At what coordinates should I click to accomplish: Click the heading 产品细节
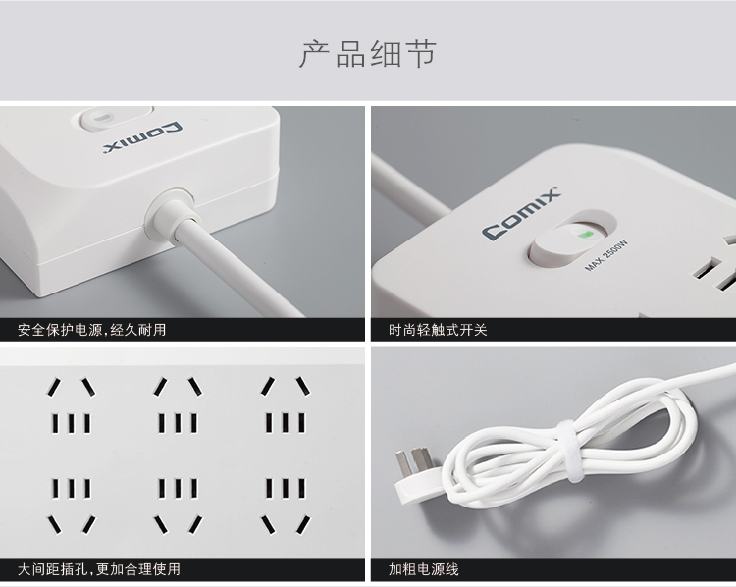368,54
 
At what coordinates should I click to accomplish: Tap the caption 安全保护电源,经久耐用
92,330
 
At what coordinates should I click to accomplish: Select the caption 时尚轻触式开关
438,330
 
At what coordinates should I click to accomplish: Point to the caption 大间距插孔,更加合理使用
99,569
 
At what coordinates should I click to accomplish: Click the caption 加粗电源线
423,569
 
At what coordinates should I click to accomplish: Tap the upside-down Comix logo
142,138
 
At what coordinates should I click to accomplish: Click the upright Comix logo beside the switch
521,213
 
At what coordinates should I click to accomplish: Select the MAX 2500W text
606,255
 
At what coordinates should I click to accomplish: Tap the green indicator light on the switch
585,234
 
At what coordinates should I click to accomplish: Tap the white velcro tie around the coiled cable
570,451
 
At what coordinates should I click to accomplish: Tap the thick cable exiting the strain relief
239,268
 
